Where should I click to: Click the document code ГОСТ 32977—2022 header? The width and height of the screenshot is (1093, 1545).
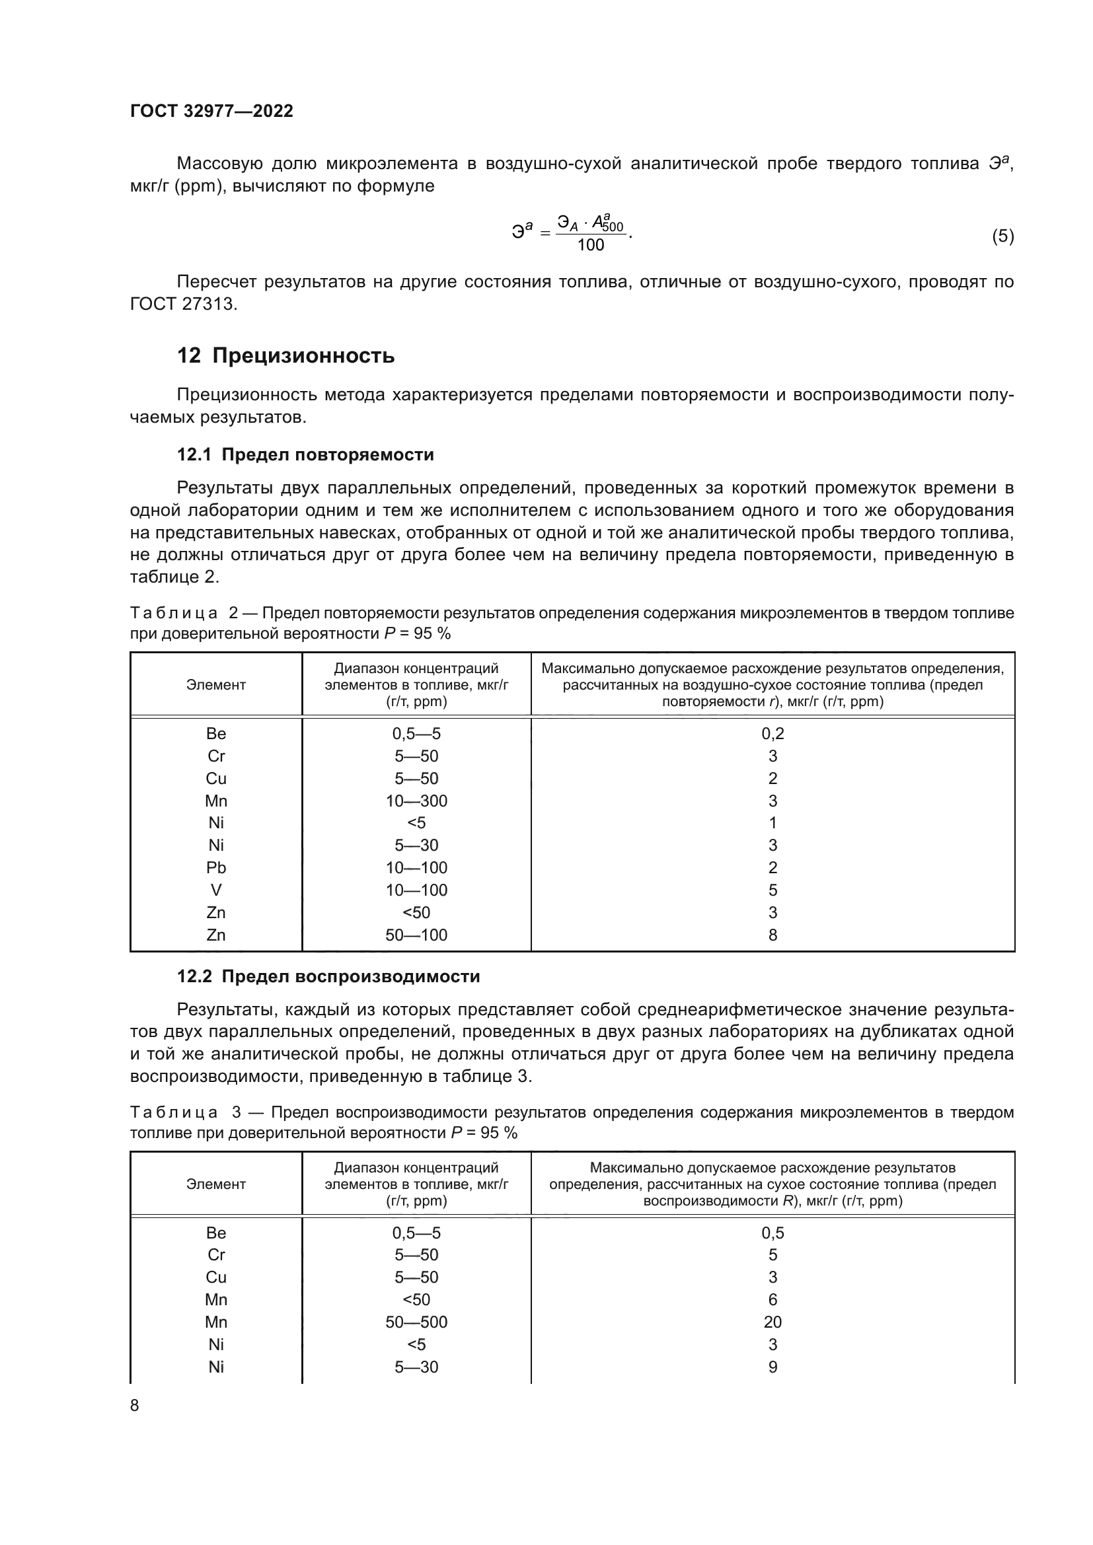point(211,111)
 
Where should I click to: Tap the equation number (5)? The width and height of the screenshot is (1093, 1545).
point(1002,236)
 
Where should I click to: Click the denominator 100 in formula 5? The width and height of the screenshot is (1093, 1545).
point(590,245)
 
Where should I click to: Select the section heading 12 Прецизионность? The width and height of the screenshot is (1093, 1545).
point(285,355)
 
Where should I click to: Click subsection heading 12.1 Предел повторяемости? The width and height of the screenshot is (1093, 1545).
point(305,455)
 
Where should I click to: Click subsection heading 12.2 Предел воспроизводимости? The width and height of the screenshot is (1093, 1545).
point(328,976)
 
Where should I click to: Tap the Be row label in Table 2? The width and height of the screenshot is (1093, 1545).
point(216,733)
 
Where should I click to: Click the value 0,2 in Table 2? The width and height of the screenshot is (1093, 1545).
point(772,733)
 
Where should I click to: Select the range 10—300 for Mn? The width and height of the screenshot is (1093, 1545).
point(416,801)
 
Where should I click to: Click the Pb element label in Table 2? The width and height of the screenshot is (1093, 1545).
point(216,867)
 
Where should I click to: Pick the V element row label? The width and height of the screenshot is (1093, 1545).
point(216,890)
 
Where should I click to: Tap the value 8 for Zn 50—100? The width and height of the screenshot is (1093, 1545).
point(772,935)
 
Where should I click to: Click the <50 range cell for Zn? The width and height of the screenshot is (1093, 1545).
point(416,912)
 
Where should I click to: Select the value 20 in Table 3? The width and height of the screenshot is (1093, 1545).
point(772,1322)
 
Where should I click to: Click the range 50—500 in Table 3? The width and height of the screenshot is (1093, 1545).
point(416,1322)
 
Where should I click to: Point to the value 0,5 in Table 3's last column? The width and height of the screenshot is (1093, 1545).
point(772,1233)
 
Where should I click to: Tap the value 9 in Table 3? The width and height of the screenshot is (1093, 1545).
point(772,1367)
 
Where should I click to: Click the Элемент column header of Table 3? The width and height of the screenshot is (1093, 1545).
point(216,1184)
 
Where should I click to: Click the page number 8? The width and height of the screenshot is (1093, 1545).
point(135,1406)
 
